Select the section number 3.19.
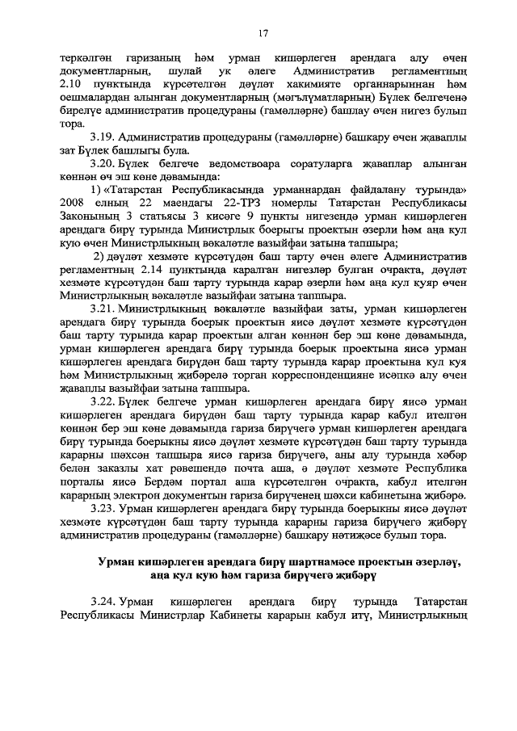104,138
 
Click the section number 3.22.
104,401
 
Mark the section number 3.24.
104,603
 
